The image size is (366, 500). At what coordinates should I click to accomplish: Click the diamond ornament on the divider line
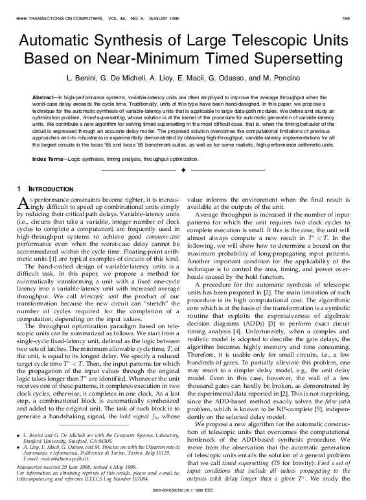[x=183, y=170]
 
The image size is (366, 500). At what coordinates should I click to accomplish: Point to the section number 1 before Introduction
[x=17, y=187]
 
